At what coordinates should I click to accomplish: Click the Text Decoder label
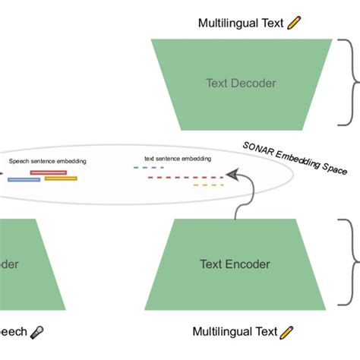click(x=241, y=83)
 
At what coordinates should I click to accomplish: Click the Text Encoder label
click(x=235, y=264)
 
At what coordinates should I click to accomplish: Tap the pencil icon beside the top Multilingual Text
click(x=295, y=24)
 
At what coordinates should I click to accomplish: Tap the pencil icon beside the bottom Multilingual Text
click(x=286, y=333)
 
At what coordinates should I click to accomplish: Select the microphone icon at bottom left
click(x=36, y=333)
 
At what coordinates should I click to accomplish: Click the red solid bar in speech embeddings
click(x=48, y=172)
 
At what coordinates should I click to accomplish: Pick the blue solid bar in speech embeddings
click(x=24, y=180)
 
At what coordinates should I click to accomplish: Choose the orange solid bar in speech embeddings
click(x=61, y=178)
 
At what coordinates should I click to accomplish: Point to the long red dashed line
click(x=185, y=177)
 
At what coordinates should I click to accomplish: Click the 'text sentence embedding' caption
click(x=177, y=159)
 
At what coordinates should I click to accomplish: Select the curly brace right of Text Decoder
click(x=352, y=83)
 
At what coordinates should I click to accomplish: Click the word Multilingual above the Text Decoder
click(x=225, y=24)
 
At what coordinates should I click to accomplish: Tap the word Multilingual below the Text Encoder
click(x=218, y=333)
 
